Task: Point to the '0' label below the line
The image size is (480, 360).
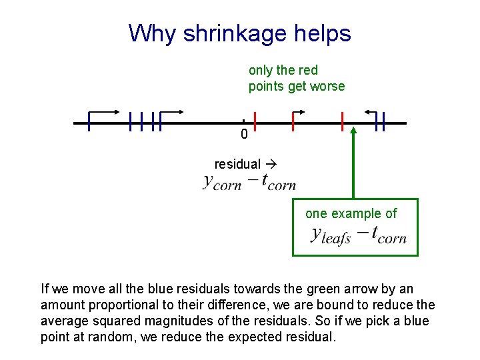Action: pyautogui.click(x=244, y=135)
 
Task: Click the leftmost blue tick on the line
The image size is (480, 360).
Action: pyautogui.click(x=89, y=122)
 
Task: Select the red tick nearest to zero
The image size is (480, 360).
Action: pyautogui.click(x=255, y=122)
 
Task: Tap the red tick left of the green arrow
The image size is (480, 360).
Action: pyautogui.click(x=342, y=122)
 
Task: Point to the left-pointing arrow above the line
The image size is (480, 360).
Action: pyautogui.click(x=370, y=112)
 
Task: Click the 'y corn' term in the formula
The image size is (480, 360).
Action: pyautogui.click(x=222, y=182)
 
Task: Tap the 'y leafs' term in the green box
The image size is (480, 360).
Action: pyautogui.click(x=330, y=235)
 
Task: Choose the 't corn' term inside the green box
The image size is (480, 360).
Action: pyautogui.click(x=389, y=235)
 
